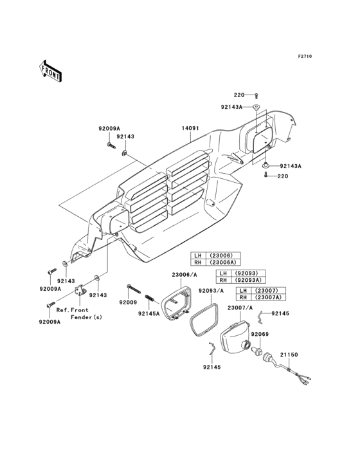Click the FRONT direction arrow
point(50,71)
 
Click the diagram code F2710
point(305,56)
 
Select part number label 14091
point(190,128)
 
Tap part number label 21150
point(289,355)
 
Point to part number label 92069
point(260,335)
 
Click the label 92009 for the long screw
point(128,302)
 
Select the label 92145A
point(148,314)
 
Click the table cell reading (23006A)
point(222,263)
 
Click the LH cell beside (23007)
point(243,291)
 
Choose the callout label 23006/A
point(184,275)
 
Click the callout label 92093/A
point(212,290)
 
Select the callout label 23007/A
point(240,308)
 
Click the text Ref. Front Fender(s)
point(79,313)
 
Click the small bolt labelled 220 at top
point(256,96)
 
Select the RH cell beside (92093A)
point(224,280)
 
